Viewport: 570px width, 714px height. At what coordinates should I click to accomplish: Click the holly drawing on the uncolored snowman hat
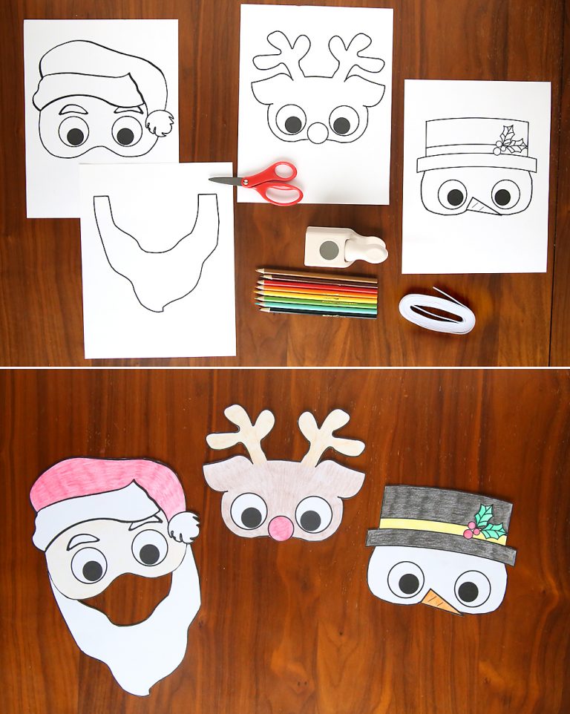pyautogui.click(x=509, y=140)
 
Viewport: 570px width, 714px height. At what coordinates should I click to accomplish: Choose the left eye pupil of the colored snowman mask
pyautogui.click(x=407, y=583)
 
